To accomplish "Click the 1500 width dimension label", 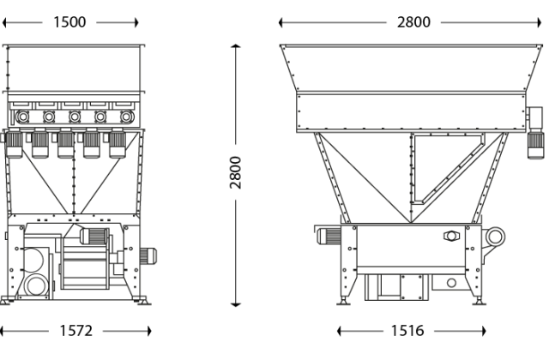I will click(70, 22).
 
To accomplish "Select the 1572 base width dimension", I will click(75, 331).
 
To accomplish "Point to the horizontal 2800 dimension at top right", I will click(414, 22).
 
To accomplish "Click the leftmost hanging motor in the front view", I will click(15, 147).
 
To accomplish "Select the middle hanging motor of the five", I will click(65, 147).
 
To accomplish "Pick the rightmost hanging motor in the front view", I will click(117, 147).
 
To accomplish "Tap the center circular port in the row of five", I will click(75, 116).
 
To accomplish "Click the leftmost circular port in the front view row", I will click(23, 116).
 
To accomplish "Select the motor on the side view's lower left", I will click(330, 236).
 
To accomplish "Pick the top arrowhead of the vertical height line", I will click(238, 46).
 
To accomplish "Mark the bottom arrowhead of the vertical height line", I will click(238, 303).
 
